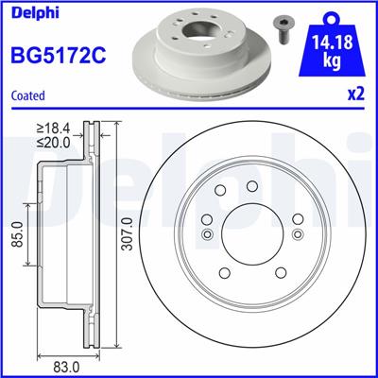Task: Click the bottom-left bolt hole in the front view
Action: pos(224,273)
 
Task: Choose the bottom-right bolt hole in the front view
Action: pos(279,273)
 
